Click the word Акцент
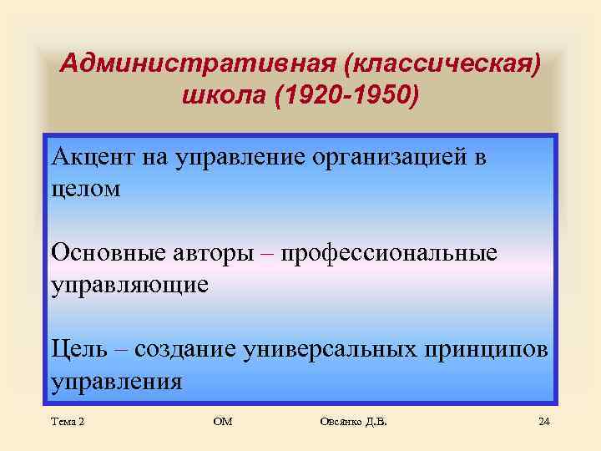(88, 158)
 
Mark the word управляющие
(129, 285)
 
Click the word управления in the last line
(116, 381)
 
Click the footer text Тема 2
(68, 422)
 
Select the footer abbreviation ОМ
(223, 422)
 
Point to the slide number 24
(543, 422)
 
